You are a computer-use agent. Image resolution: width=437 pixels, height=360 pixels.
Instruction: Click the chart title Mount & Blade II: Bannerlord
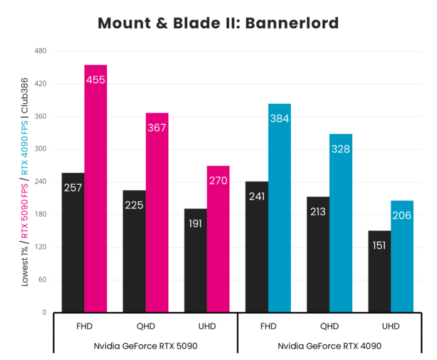click(x=218, y=24)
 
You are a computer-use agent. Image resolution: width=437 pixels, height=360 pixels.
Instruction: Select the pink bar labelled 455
click(x=95, y=188)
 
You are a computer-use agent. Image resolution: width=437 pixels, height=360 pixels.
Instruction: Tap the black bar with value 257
click(x=73, y=243)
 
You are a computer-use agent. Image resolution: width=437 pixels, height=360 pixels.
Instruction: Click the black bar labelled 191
click(x=195, y=260)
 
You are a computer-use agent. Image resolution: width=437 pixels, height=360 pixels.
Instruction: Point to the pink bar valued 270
click(x=218, y=239)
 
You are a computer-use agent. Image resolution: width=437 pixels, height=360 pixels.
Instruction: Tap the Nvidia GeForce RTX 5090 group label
click(x=146, y=346)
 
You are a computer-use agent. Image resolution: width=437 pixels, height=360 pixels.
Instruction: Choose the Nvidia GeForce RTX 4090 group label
click(x=330, y=346)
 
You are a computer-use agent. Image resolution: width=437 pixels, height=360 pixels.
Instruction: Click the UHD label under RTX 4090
click(x=391, y=326)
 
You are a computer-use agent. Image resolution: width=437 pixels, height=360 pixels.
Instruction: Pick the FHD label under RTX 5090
click(x=84, y=326)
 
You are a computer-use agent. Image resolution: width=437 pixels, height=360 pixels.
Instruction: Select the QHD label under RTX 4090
click(x=329, y=326)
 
